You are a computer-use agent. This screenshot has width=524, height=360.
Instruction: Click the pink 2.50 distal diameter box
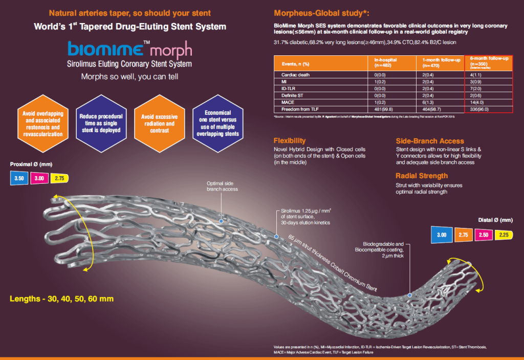(483, 235)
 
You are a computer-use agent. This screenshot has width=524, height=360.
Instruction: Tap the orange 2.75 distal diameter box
(463, 235)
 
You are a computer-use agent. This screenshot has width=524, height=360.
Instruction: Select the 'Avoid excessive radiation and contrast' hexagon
(158, 123)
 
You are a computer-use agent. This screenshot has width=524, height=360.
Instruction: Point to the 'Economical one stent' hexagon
(217, 123)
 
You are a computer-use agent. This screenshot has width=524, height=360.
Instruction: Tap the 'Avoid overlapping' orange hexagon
(43, 123)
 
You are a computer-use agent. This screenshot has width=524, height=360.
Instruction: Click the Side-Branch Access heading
(430, 141)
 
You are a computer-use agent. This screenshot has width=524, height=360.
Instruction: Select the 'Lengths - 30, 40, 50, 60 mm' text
(61, 298)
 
